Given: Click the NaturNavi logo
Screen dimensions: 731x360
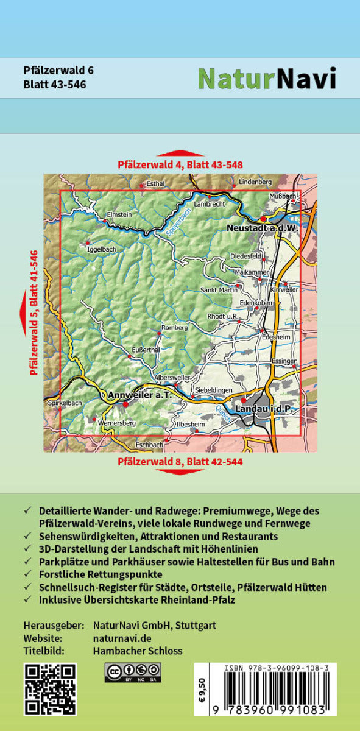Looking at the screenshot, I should (267, 78).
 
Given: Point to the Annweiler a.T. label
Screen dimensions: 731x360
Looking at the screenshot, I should (136, 395).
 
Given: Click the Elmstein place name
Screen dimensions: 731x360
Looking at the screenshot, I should (118, 214).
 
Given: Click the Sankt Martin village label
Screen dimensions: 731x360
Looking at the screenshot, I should (219, 290).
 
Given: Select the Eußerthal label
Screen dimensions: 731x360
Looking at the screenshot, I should (146, 350).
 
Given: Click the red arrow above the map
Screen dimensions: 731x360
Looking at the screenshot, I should (180, 154).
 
